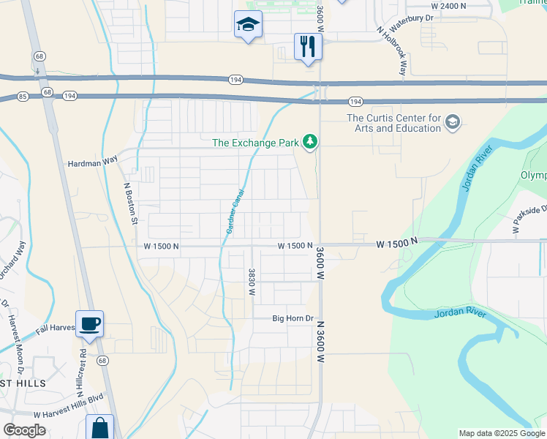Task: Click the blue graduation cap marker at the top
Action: click(x=248, y=26)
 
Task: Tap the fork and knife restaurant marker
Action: click(x=308, y=47)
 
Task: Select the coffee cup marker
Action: click(x=89, y=323)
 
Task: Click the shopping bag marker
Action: click(x=99, y=428)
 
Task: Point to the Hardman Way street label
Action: click(x=92, y=165)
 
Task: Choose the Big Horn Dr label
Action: click(x=293, y=318)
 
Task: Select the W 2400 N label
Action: click(x=466, y=5)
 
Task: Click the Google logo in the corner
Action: click(x=24, y=430)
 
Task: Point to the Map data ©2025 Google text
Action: click(x=502, y=433)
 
